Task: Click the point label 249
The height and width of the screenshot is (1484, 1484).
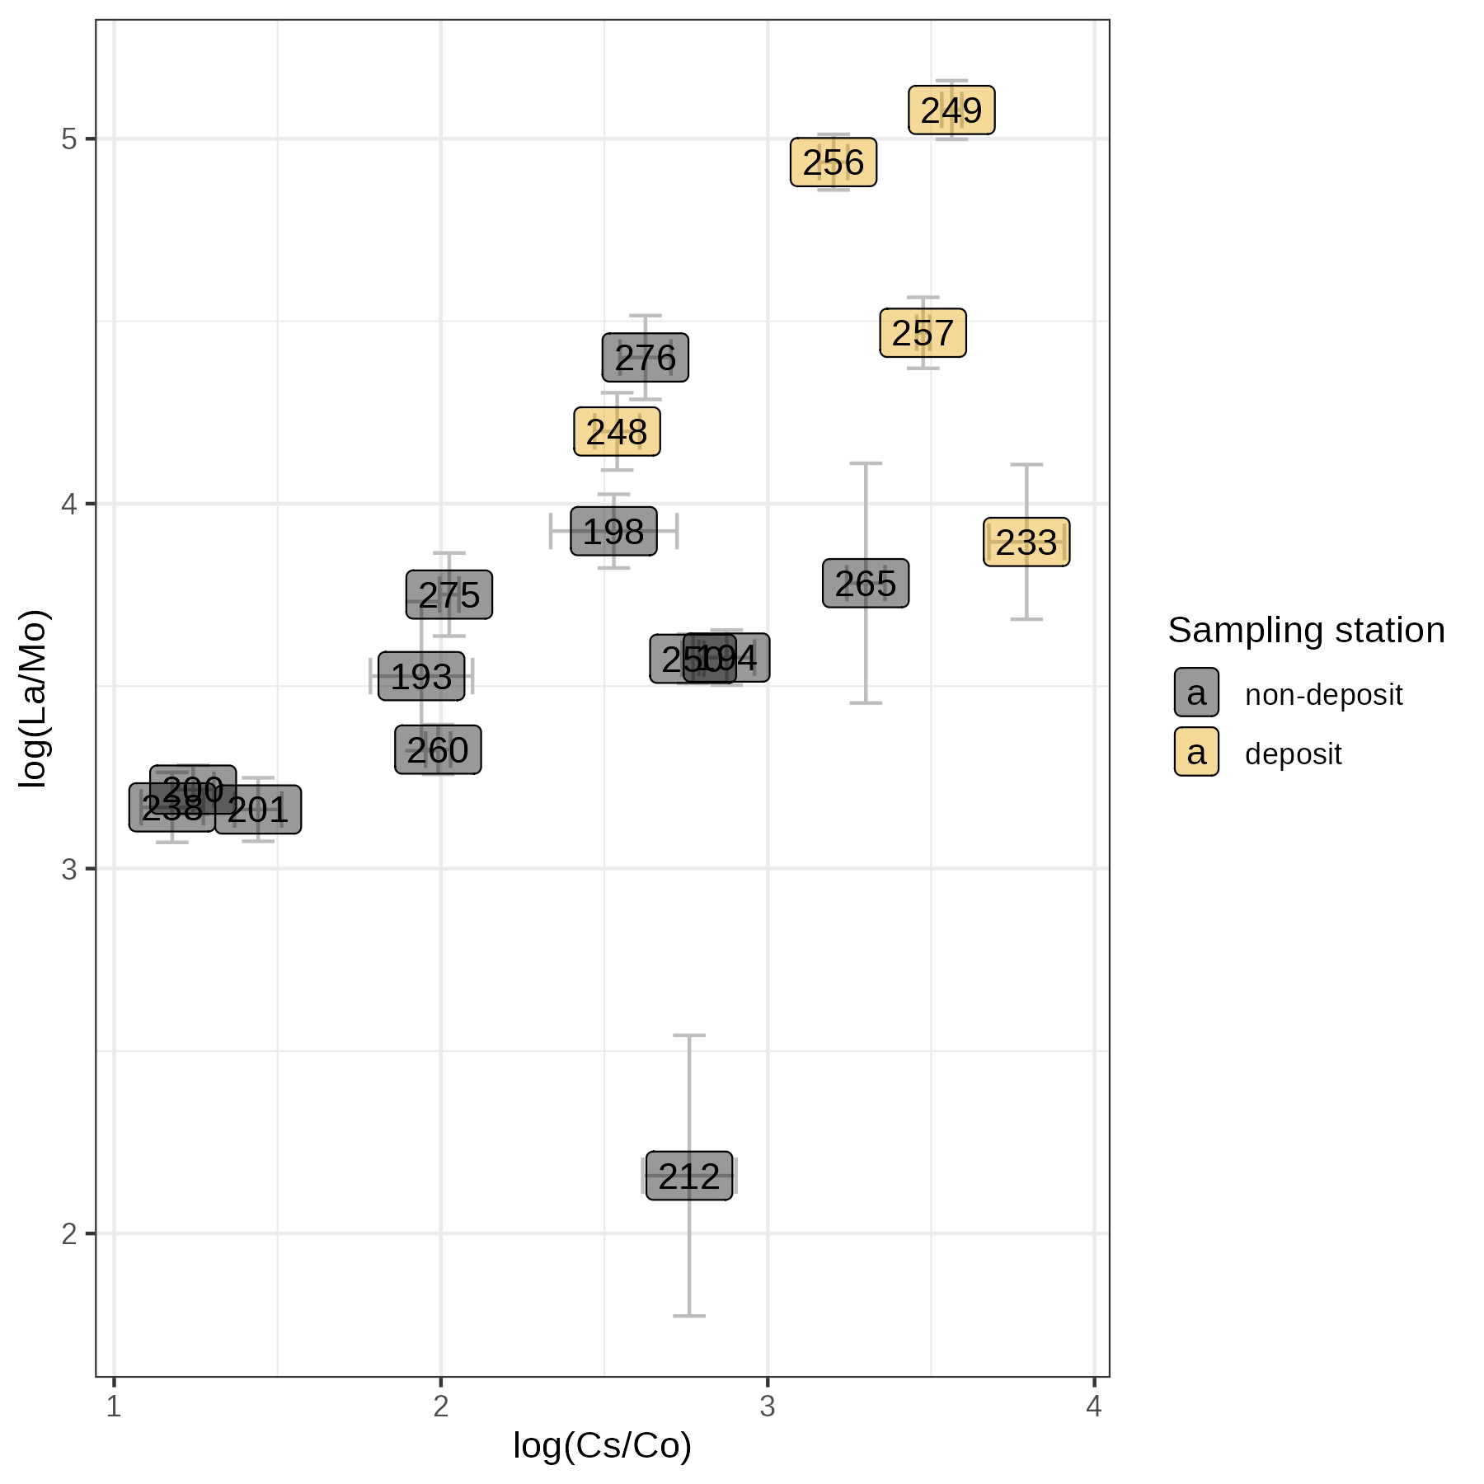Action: click(x=951, y=110)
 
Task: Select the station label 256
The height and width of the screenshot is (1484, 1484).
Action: click(x=834, y=162)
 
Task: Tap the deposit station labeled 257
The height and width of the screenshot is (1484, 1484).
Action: click(x=923, y=333)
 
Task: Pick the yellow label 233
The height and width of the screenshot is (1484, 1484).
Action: click(x=1026, y=542)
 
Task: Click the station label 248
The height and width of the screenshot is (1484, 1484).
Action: click(x=617, y=432)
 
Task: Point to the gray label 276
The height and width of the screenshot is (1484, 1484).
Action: click(x=646, y=358)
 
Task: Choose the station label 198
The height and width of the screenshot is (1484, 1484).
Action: click(x=614, y=532)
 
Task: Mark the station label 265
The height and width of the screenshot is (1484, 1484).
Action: click(x=866, y=584)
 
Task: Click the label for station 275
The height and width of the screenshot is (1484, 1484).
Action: click(x=449, y=595)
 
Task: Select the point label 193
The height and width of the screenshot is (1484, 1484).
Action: click(x=421, y=677)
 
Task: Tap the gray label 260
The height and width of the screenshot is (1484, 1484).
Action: click(x=438, y=750)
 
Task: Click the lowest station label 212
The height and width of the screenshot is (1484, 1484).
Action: click(x=689, y=1176)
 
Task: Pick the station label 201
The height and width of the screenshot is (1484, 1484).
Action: click(x=258, y=810)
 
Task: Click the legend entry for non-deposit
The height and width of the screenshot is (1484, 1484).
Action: click(x=1323, y=695)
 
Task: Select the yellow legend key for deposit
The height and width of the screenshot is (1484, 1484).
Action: click(x=1196, y=753)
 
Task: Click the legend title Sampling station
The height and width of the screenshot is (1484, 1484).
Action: click(x=1306, y=631)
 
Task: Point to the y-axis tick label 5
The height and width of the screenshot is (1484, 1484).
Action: click(x=69, y=139)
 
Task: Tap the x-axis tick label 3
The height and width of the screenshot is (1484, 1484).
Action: click(x=768, y=1407)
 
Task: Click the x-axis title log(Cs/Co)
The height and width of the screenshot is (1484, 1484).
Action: click(x=602, y=1445)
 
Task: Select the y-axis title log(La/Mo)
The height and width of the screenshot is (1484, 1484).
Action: click(x=34, y=698)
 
